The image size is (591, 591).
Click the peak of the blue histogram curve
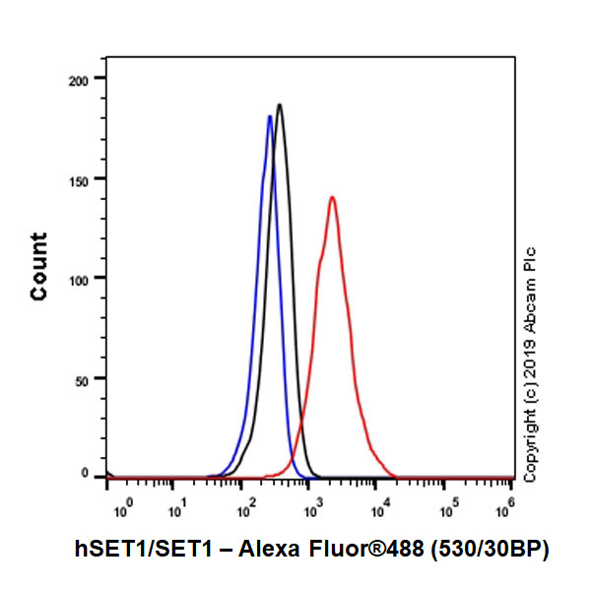click(x=270, y=116)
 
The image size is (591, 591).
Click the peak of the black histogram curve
click(x=281, y=104)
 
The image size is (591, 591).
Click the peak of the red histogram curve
click(x=333, y=197)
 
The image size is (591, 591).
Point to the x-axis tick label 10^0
click(x=122, y=510)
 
